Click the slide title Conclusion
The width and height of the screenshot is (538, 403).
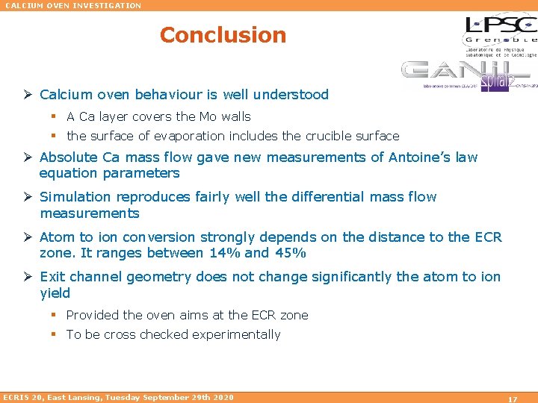point(223,35)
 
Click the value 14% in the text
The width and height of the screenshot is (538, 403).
point(223,253)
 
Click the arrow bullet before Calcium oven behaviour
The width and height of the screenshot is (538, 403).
point(28,95)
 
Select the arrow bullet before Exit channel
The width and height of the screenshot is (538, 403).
point(28,277)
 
